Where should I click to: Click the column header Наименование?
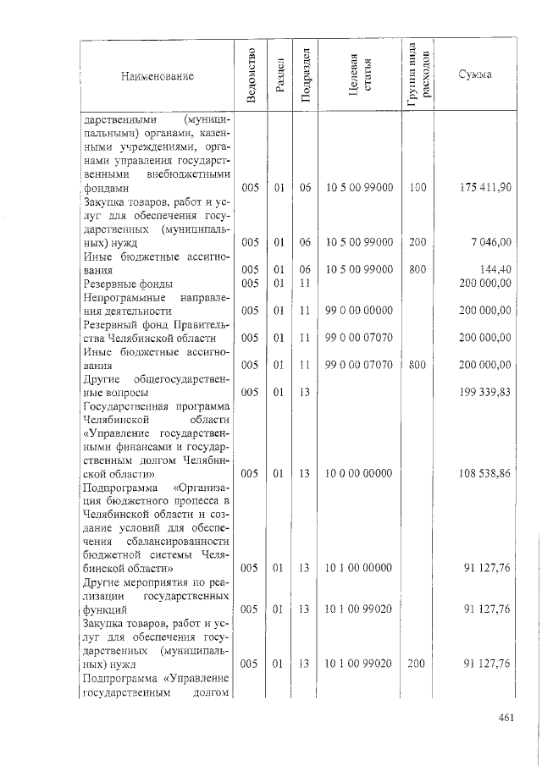(157, 77)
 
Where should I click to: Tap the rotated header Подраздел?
(307, 77)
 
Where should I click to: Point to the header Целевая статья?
(360, 77)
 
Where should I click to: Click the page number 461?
(507, 719)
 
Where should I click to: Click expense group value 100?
(418, 187)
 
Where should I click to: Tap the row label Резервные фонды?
(127, 284)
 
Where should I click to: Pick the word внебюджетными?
(187, 174)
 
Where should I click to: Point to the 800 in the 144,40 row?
(418, 269)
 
